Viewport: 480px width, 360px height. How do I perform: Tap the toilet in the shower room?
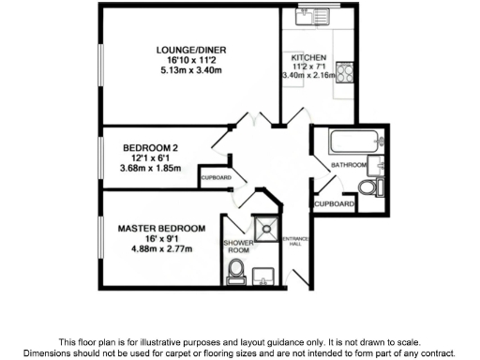[236, 272]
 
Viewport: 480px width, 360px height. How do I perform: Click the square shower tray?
[266, 227]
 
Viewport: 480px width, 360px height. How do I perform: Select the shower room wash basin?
[264, 274]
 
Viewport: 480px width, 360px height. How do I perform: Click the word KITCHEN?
[308, 57]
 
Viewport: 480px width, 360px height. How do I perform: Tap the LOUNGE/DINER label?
[191, 50]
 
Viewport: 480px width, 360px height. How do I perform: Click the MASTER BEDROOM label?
[161, 228]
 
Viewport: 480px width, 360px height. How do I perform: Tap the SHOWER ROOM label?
[237, 247]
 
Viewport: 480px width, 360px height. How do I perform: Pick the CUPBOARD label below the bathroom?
[334, 203]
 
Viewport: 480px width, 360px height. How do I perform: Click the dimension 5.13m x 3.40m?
[190, 70]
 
